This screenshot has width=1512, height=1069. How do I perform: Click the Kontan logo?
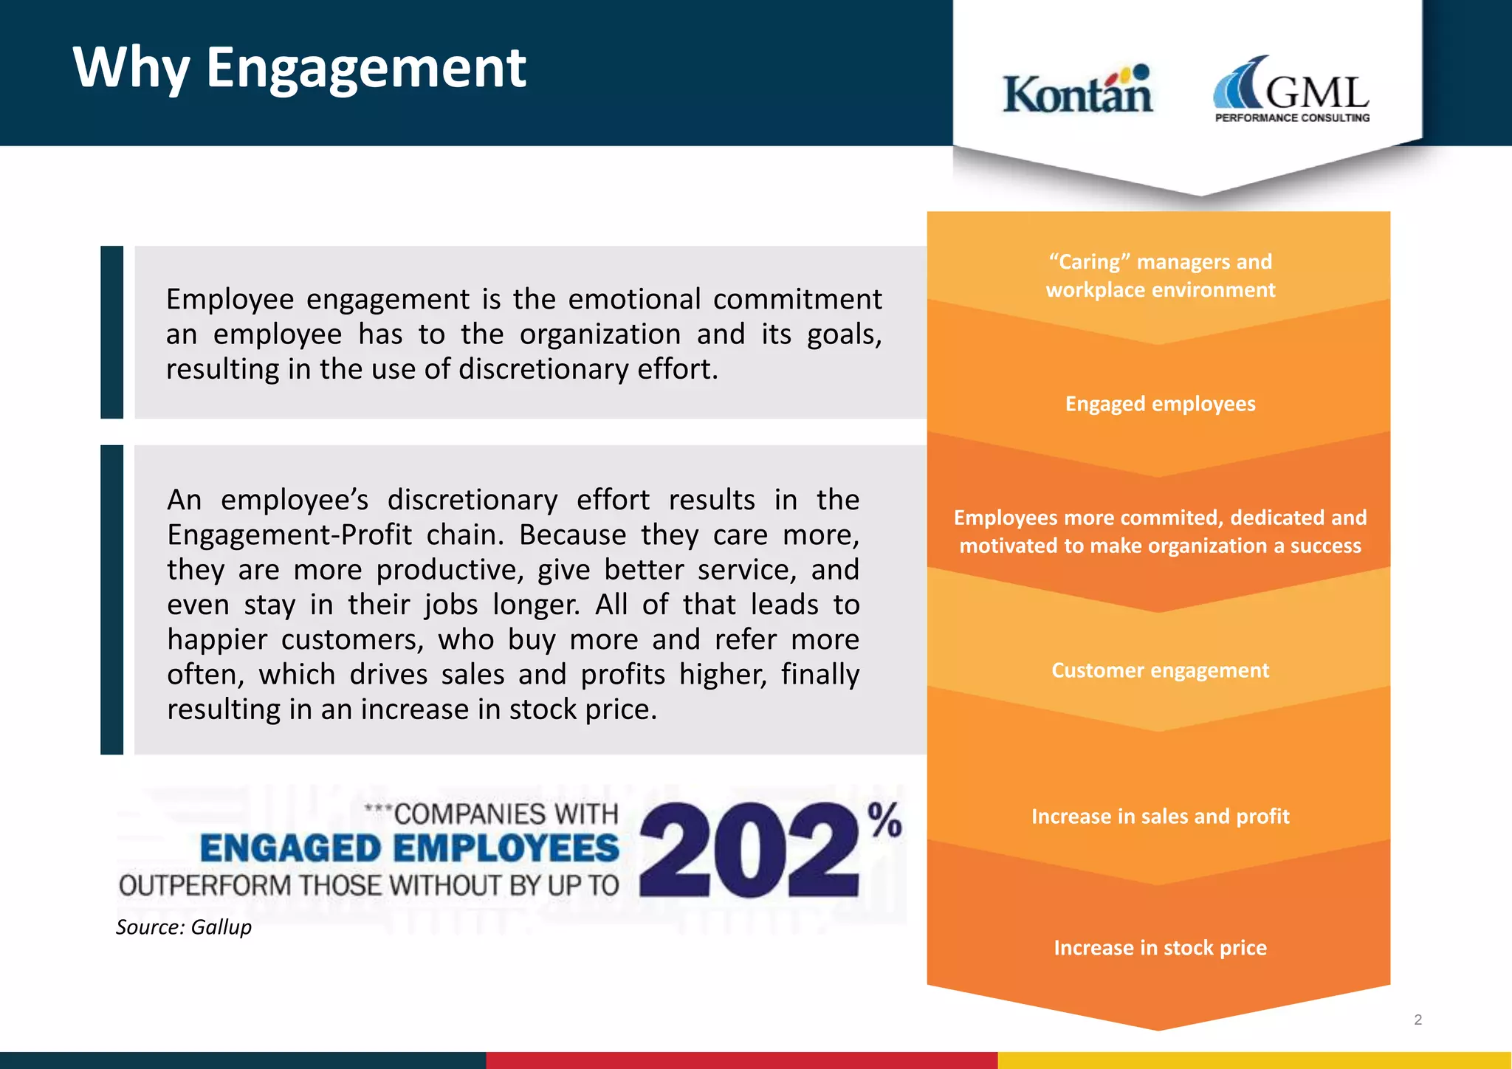1077,92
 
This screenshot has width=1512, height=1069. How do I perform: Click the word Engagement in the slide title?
365,68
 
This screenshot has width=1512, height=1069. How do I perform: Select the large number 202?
749,850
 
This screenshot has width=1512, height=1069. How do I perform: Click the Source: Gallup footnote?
184,927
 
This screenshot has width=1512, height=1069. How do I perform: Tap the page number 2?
1417,1020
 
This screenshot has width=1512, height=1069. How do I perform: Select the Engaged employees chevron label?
1160,404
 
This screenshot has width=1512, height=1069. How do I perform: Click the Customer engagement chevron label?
1160,670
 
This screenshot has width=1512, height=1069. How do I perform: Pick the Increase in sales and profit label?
1160,817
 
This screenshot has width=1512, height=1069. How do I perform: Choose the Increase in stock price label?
1160,948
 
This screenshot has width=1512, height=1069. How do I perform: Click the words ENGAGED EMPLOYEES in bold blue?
410,848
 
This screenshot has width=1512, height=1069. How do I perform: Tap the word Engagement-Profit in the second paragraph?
289,534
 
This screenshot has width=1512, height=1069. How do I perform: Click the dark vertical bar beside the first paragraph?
112,332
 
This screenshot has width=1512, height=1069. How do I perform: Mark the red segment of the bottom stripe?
741,1060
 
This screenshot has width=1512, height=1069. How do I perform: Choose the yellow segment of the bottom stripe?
1254,1060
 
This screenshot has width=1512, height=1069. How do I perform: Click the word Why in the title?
131,68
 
